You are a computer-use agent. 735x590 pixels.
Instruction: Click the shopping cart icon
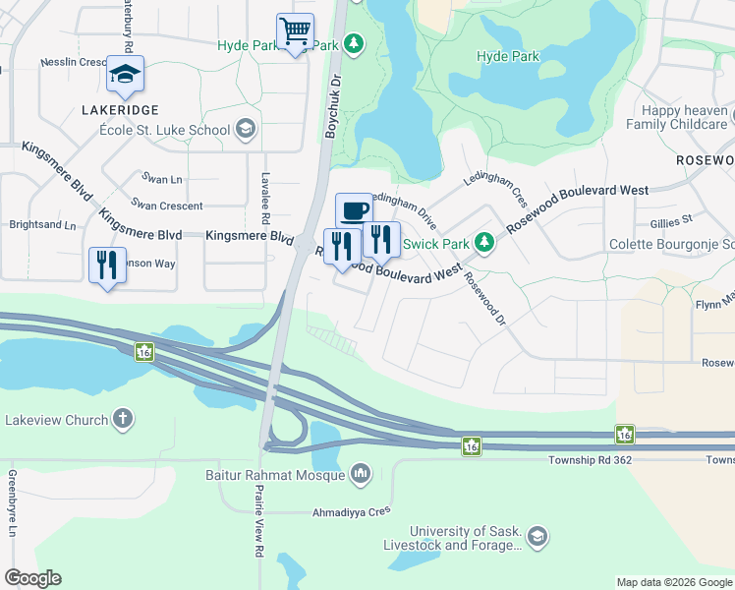coord(295,31)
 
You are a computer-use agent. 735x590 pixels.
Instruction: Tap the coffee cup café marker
coord(354,210)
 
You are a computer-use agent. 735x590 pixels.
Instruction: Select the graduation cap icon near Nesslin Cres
coord(125,74)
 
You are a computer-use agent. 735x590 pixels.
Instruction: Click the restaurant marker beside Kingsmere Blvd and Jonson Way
coord(107,265)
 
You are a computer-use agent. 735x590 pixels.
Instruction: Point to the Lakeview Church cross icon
coord(122,420)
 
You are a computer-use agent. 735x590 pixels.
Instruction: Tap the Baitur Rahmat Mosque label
coord(290,475)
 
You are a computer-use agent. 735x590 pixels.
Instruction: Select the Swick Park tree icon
coord(483,242)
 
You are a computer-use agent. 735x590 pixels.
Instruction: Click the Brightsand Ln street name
coord(42,225)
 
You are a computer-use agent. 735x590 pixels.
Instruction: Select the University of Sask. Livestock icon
coord(537,536)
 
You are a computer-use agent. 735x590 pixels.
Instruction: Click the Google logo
coord(33,578)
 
